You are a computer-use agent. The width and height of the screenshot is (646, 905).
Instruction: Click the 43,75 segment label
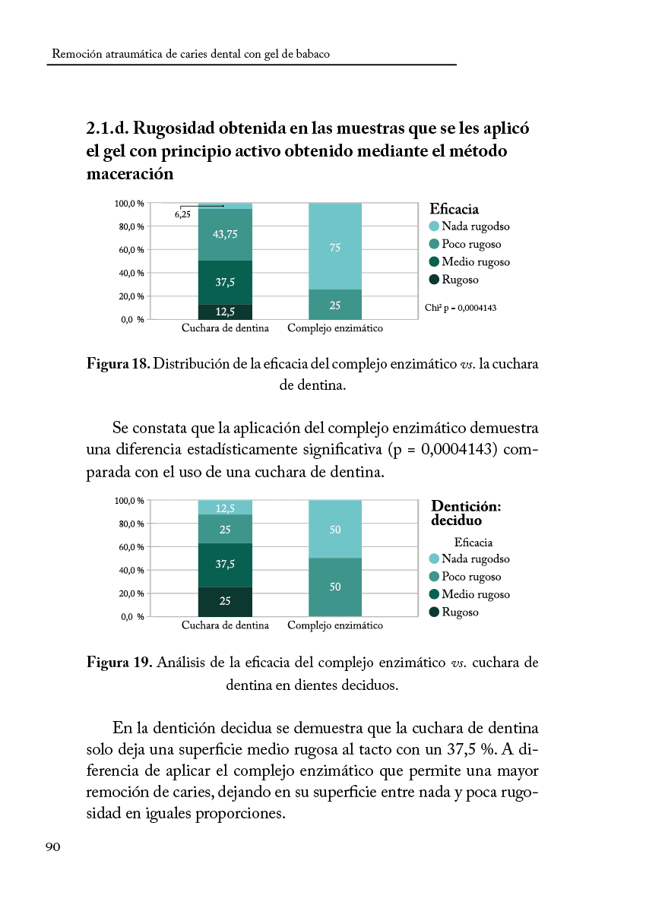pos(225,234)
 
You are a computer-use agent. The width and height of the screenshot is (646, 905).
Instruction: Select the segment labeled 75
pos(335,247)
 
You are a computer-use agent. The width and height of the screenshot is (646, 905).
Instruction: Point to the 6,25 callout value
pos(182,215)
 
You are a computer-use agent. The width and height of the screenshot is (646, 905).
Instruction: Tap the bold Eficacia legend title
pos(454,209)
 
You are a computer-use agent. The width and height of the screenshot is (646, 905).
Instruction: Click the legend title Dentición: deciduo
pos(466,513)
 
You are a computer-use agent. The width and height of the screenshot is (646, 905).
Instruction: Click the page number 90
pos(52,848)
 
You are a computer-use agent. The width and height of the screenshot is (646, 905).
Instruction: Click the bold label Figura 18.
pos(118,364)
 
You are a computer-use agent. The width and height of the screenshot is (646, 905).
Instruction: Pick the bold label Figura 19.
pos(119,663)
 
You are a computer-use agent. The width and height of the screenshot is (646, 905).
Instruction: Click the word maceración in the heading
pos(130,174)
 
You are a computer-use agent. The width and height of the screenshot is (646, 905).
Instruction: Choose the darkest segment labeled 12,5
pos(225,311)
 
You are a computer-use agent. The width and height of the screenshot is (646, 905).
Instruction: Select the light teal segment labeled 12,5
pos(225,508)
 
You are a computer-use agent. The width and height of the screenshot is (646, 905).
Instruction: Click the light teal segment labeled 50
pos(335,530)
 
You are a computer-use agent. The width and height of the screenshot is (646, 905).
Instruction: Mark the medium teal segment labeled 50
pos(335,587)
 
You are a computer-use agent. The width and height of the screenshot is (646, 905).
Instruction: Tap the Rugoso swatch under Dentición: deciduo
pos(435,612)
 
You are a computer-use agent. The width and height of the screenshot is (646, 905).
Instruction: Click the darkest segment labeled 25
pos(225,601)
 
